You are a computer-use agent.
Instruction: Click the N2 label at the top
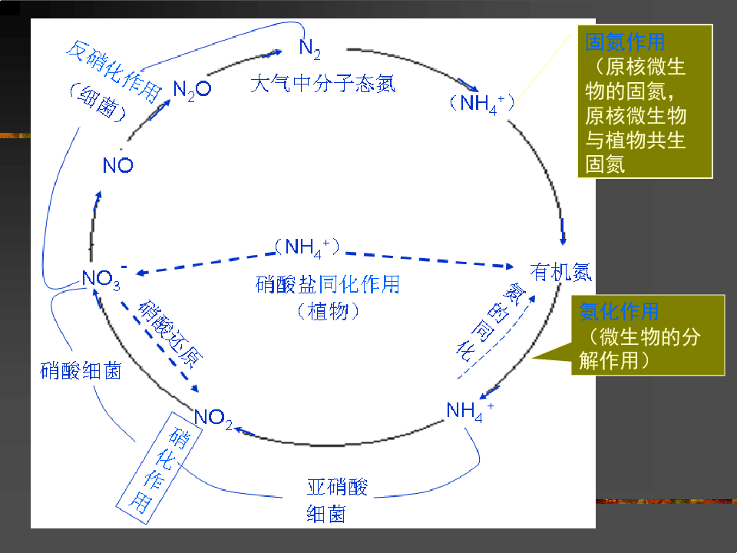tap(309, 48)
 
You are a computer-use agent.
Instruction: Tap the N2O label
tap(192, 89)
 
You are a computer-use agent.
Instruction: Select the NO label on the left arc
tap(117, 165)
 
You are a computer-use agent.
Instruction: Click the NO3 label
tap(101, 279)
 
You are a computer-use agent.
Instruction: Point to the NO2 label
tap(213, 418)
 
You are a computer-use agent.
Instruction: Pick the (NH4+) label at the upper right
tap(482, 103)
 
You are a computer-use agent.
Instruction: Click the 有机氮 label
tap(561, 272)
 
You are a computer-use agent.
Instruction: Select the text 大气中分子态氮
tap(322, 84)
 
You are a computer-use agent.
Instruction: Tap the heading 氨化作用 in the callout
tap(619, 311)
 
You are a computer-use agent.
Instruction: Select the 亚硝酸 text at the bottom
tap(337, 487)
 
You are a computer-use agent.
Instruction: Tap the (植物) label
tap(327, 311)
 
